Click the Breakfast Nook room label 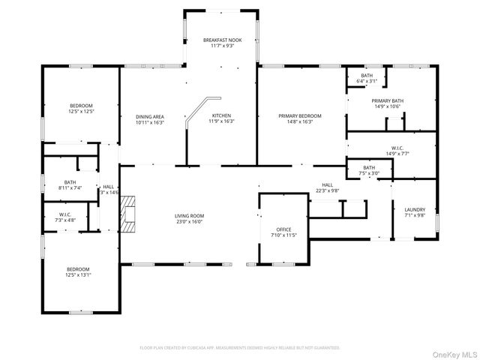point(221,40)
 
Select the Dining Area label point(150,116)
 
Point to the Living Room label point(190,216)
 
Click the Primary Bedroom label point(300,116)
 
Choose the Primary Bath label point(387,100)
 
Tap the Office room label point(283,229)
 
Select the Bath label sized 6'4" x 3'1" point(366,76)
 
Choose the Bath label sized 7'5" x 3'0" point(369,167)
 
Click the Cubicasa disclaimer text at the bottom point(240,348)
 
